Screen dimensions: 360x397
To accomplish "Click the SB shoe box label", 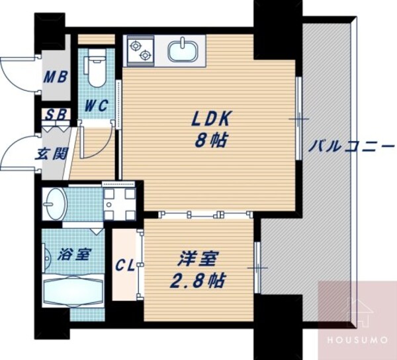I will [x=56, y=114].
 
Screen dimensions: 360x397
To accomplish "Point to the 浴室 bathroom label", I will [x=71, y=254].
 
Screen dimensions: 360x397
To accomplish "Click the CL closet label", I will [x=125, y=266].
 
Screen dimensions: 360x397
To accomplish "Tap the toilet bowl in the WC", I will [x=97, y=71].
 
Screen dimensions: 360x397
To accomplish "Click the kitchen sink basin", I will [x=181, y=50].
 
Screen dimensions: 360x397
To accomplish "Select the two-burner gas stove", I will [x=140, y=50].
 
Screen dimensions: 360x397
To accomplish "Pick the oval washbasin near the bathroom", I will [x=54, y=204].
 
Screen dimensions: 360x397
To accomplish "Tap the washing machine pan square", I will [x=119, y=203].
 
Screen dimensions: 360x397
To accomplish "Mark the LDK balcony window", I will [x=299, y=119].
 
